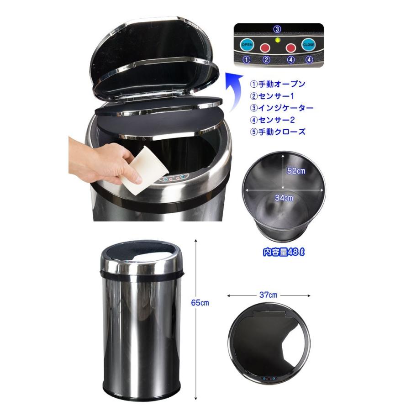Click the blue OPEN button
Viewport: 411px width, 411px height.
(x=247, y=45)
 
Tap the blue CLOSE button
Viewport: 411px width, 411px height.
(x=309, y=45)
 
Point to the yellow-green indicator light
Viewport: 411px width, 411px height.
(x=278, y=40)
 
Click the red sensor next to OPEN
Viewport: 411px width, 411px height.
(x=265, y=47)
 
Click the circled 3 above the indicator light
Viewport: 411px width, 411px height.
(x=277, y=29)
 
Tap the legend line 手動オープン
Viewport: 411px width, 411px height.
(x=277, y=84)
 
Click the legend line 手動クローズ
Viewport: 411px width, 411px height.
(x=277, y=132)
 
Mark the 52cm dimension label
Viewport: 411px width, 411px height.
(x=296, y=171)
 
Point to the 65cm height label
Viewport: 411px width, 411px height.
(x=200, y=303)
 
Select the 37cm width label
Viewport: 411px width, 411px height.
(x=268, y=295)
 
